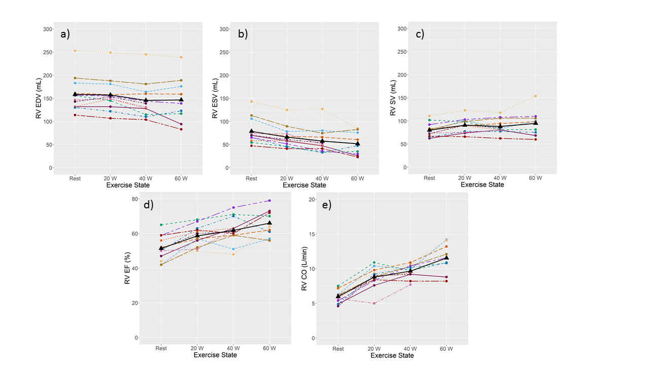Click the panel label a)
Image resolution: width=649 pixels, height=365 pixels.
point(64,34)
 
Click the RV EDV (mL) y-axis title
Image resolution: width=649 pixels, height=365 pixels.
point(39,98)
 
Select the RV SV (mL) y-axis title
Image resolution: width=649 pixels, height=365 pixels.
point(393,98)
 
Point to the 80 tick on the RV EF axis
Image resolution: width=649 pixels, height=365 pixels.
point(135,199)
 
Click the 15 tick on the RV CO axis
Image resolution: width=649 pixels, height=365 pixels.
point(312,234)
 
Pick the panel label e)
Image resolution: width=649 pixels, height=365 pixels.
point(323,205)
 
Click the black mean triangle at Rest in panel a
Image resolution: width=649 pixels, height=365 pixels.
point(75,94)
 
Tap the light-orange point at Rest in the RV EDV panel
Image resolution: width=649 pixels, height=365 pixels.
point(75,51)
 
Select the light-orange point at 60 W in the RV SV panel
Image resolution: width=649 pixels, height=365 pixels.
point(535,96)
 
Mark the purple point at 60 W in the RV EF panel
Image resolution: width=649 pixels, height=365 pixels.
point(269,201)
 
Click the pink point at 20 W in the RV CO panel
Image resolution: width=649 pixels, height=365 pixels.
point(374,304)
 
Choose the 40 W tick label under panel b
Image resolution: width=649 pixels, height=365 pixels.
point(322,178)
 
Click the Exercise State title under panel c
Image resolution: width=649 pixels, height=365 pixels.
point(482,185)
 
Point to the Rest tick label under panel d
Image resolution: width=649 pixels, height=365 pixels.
point(161,348)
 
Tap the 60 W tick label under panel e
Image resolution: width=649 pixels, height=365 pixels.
point(446,349)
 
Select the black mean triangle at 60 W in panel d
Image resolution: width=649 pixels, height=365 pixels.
point(269,223)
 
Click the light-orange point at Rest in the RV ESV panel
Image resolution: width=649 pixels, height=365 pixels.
point(251,101)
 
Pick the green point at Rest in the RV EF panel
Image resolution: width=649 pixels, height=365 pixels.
point(161,225)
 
